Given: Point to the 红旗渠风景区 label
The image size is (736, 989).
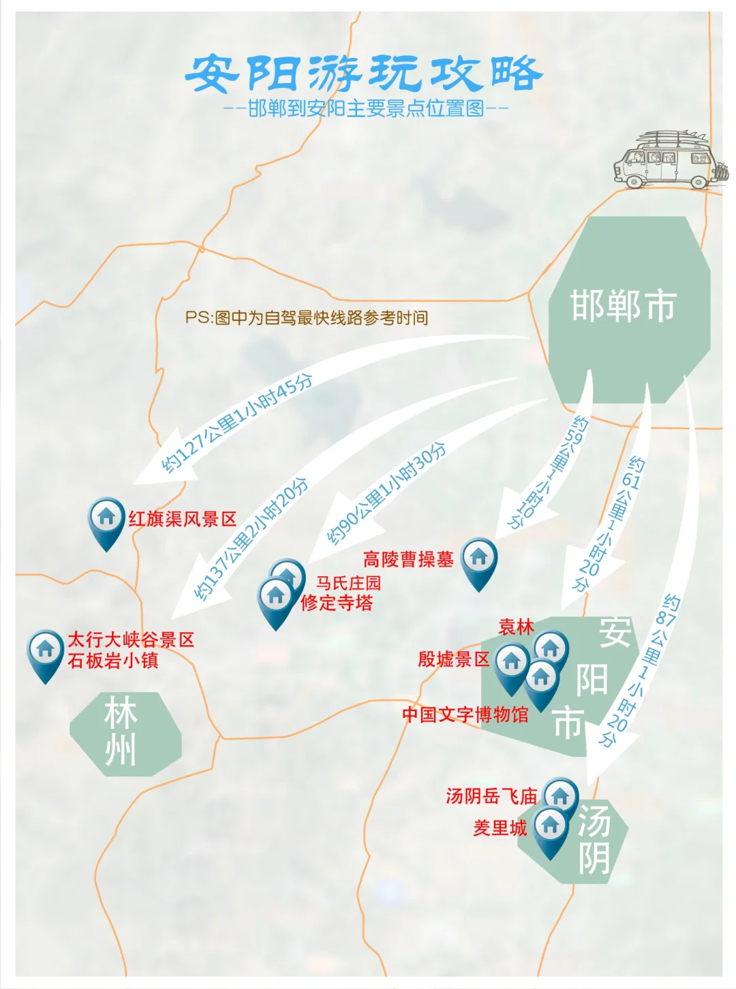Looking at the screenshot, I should tap(182, 519).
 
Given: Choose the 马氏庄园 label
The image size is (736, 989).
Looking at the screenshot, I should tap(348, 583).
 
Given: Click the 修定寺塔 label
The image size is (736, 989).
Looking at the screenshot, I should tap(337, 603).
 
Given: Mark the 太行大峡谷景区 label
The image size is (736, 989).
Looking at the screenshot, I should tap(131, 640).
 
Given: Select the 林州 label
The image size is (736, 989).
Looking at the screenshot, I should tap(121, 732).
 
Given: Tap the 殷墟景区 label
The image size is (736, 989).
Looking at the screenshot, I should tap(453, 659).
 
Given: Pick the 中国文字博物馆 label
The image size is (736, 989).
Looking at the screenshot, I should tap(465, 715).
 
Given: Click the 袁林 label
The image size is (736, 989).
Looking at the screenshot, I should tap(516, 627).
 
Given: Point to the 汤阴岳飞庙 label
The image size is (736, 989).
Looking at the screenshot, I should tap(491, 796).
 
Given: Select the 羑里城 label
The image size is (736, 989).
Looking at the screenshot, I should tap(500, 828).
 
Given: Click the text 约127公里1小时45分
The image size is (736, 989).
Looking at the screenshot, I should tap(236, 424).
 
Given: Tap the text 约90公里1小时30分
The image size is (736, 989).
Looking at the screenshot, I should tap(386, 494).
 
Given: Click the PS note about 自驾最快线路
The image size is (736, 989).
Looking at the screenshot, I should tap(307, 317).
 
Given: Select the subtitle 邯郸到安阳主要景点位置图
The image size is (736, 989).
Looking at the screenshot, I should tap(366, 108).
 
